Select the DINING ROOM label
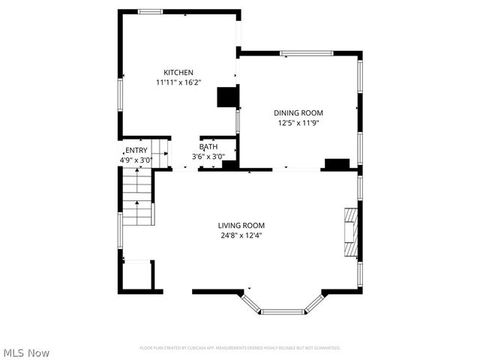click(x=298, y=112)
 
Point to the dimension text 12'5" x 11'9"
click(x=298, y=122)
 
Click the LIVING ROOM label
click(x=241, y=225)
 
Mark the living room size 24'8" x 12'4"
click(x=241, y=235)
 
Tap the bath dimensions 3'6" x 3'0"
click(x=209, y=157)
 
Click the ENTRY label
click(x=136, y=150)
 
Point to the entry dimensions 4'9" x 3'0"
click(x=136, y=160)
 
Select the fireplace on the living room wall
click(x=350, y=232)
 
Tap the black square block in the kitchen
click(x=226, y=98)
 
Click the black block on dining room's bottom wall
click(x=336, y=163)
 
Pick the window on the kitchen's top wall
click(x=150, y=11)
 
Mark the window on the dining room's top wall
click(x=306, y=53)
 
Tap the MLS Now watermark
click(x=25, y=352)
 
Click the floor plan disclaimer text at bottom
click(x=240, y=348)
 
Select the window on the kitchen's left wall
click(x=120, y=95)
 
